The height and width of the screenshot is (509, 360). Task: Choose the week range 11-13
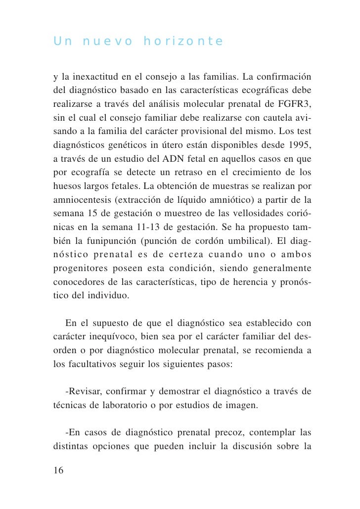pos(144,228)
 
